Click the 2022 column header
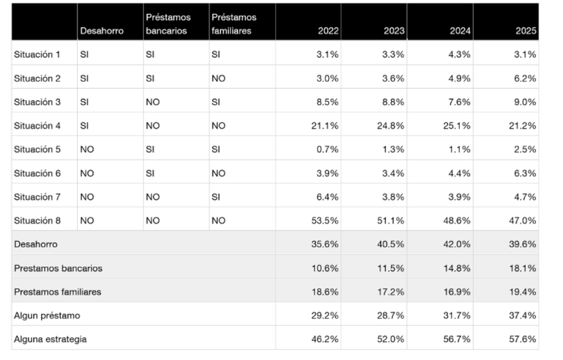pyautogui.click(x=328, y=31)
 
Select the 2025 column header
pyautogui.click(x=525, y=31)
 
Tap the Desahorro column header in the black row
pyautogui.click(x=102, y=31)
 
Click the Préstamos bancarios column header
pyautogui.click(x=168, y=24)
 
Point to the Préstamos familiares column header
pyautogui.click(x=234, y=24)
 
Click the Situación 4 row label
pyautogui.click(x=38, y=126)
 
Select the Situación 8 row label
pyautogui.click(x=38, y=221)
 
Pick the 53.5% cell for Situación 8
pyautogui.click(x=325, y=221)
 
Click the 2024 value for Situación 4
pyautogui.click(x=456, y=126)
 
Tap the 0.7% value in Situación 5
pyautogui.click(x=328, y=150)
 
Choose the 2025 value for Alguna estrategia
pyautogui.click(x=522, y=339)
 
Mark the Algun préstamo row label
pyautogui.click(x=47, y=316)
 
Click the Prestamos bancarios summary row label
pyautogui.click(x=58, y=268)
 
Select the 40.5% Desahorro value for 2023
pyautogui.click(x=391, y=245)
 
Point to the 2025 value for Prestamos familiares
pyautogui.click(x=522, y=292)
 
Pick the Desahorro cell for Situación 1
pyautogui.click(x=84, y=54)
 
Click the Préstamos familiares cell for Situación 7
pyautogui.click(x=216, y=197)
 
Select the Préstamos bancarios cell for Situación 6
pyautogui.click(x=150, y=174)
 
